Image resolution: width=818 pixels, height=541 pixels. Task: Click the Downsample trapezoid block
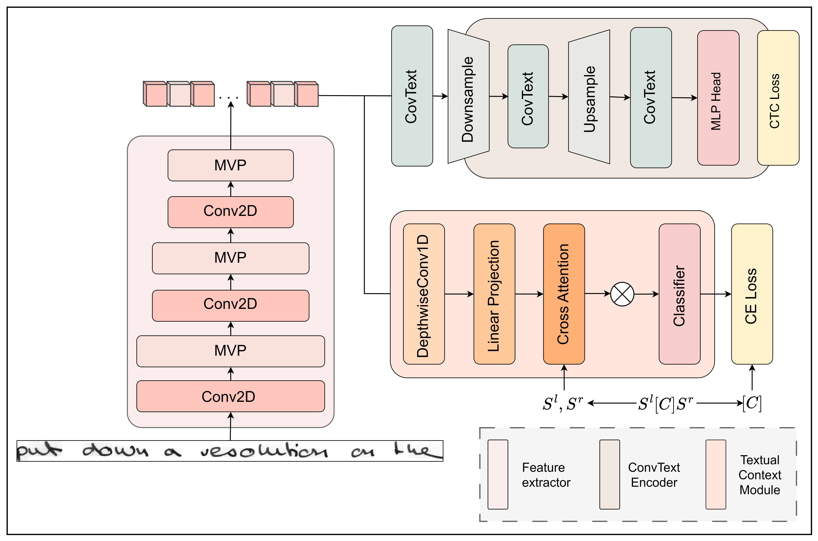(x=468, y=97)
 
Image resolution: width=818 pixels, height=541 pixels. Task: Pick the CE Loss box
(x=752, y=294)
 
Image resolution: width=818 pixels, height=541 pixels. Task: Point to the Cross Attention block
(x=564, y=294)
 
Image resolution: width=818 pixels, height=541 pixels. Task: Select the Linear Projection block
(x=494, y=294)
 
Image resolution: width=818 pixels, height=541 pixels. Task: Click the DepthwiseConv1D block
(x=424, y=294)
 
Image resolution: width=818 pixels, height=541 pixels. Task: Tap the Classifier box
(x=679, y=294)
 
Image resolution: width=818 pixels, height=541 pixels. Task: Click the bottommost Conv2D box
(x=230, y=396)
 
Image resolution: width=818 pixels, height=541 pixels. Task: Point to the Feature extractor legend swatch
(x=498, y=474)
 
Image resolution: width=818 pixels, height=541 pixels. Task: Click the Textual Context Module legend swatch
(x=715, y=474)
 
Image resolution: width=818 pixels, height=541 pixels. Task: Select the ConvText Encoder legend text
(x=654, y=475)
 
